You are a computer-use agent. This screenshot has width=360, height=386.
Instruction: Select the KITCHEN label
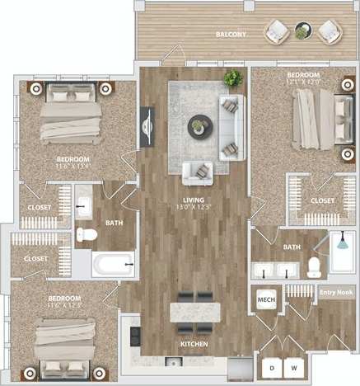point(195,343)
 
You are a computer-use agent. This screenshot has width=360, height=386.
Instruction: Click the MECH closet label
point(265,299)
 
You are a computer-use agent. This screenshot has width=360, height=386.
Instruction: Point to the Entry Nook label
point(335,292)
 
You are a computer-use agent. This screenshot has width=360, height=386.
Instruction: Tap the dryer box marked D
point(271,366)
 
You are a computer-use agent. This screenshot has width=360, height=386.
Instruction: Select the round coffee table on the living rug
point(199,126)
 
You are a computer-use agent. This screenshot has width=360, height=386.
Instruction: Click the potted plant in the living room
point(232,79)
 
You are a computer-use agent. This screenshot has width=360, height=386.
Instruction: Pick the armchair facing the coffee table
point(199,171)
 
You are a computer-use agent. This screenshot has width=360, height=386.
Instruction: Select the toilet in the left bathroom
point(86,235)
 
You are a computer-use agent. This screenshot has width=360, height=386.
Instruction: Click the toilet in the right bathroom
point(313,266)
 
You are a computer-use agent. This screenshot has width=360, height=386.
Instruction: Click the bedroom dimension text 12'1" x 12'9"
point(302,82)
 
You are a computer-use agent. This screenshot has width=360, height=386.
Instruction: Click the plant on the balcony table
point(302,31)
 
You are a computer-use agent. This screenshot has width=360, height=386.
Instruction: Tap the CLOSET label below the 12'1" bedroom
point(322,200)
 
